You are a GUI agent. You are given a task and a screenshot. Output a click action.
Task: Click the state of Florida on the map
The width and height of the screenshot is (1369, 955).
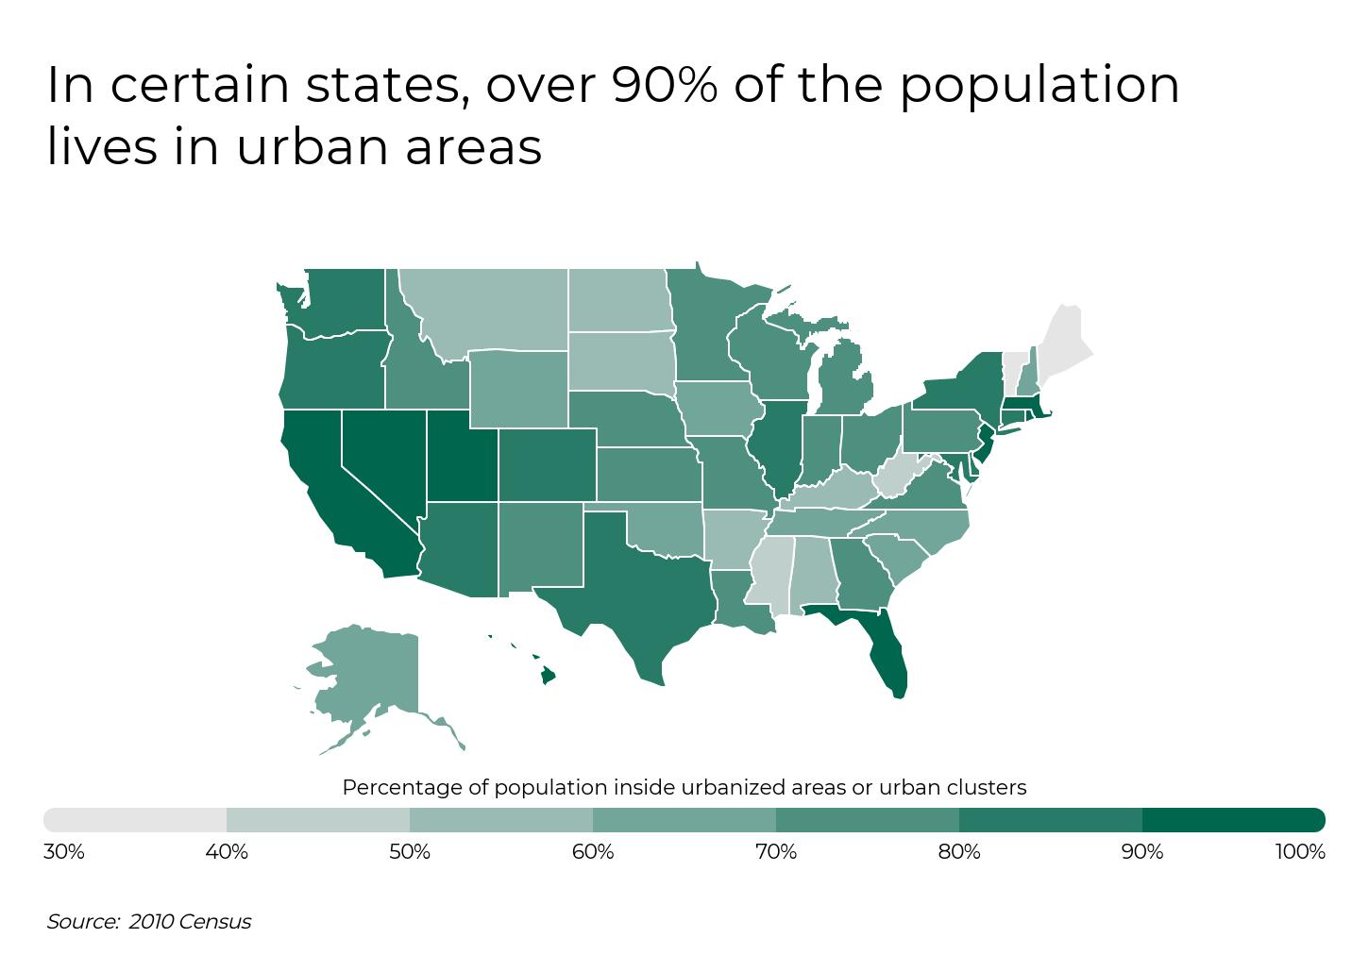(x=887, y=651)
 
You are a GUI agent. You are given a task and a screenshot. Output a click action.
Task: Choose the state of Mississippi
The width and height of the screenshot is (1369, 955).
(x=770, y=571)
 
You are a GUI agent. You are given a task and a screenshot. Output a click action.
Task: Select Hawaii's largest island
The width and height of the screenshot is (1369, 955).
(x=547, y=675)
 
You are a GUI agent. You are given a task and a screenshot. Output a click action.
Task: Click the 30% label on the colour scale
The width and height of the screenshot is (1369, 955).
(x=64, y=852)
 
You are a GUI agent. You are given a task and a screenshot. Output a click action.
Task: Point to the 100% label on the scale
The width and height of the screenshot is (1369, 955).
(x=1300, y=852)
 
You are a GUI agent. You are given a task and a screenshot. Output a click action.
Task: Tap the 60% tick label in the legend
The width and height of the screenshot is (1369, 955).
(x=593, y=852)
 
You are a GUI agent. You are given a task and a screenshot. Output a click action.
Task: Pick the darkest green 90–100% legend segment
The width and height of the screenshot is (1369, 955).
(x=1233, y=819)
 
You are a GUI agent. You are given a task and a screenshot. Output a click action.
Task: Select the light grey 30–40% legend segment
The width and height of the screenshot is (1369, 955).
(x=135, y=819)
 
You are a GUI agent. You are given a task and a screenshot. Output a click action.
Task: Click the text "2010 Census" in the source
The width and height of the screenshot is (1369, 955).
(x=190, y=922)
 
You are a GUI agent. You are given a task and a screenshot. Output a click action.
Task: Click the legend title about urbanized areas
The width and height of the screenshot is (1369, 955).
(x=684, y=787)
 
